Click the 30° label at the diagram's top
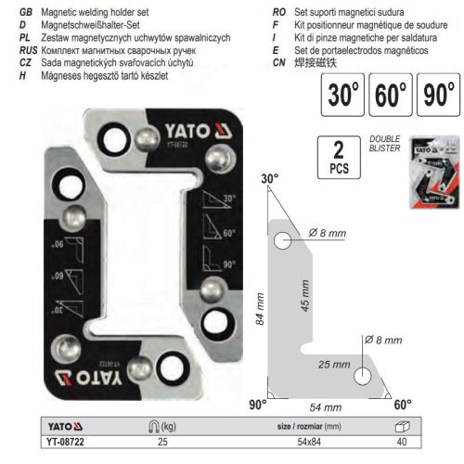tap(270, 178)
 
